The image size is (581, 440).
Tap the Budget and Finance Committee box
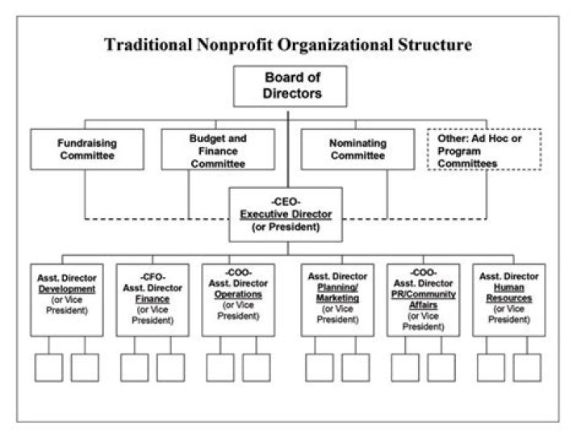point(218,149)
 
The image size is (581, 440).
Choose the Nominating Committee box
point(357,149)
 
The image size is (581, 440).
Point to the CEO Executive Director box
point(286,214)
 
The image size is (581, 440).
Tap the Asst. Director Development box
point(68,298)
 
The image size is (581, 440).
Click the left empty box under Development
point(49,367)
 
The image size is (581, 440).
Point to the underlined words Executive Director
point(286,214)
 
